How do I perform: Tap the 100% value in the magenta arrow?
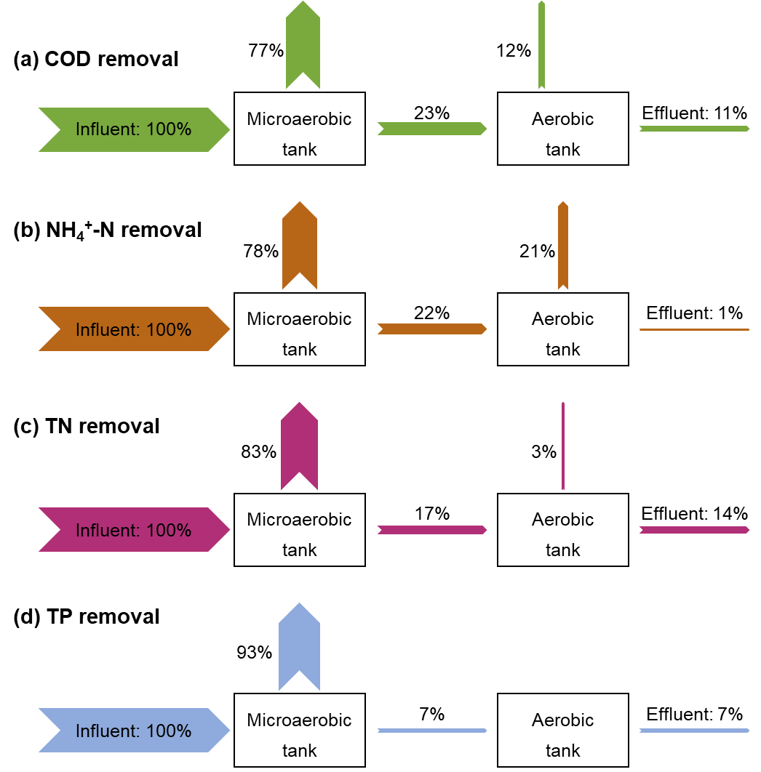click(169, 531)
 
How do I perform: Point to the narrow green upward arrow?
click(541, 45)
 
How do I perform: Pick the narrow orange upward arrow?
click(563, 246)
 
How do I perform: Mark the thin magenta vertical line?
click(563, 446)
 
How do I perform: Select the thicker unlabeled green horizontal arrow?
click(432, 129)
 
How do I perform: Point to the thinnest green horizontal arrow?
click(694, 129)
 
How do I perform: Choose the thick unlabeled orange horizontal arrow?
click(432, 329)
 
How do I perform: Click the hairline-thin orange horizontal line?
click(694, 330)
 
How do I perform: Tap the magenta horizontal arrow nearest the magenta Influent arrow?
click(432, 530)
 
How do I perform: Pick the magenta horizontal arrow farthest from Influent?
click(694, 530)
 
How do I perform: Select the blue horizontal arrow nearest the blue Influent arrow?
click(432, 731)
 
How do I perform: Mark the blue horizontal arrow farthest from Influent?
click(694, 731)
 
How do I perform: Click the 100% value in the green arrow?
click(169, 129)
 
